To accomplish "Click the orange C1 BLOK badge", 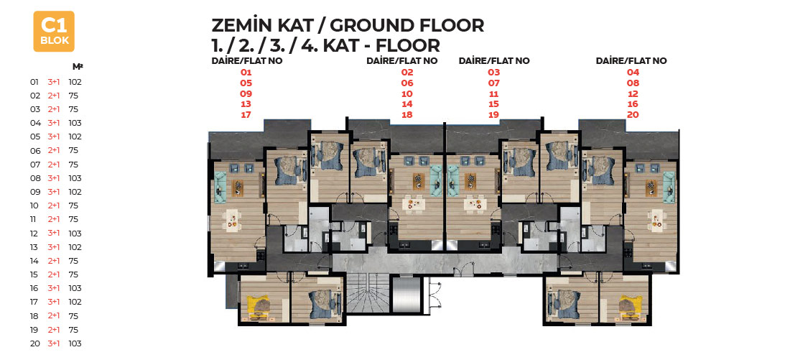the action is click(x=54, y=32).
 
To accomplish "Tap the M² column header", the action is click(x=78, y=66).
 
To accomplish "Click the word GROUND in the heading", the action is click(x=379, y=25).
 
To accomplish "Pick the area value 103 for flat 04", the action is click(x=75, y=123).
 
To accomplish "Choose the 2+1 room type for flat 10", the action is click(x=54, y=206).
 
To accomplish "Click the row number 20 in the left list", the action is click(x=34, y=343).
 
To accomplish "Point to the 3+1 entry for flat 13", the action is click(x=54, y=247).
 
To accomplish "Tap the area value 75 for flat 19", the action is click(x=73, y=330).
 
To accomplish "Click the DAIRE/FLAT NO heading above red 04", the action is click(x=631, y=60).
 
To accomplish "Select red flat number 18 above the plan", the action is click(x=407, y=114).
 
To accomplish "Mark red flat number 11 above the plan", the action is click(x=494, y=94).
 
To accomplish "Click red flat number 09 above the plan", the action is click(x=246, y=94).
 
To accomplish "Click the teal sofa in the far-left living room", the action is click(x=220, y=187).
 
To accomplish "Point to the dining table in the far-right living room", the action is click(x=657, y=221).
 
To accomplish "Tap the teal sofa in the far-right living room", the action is click(x=669, y=187).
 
